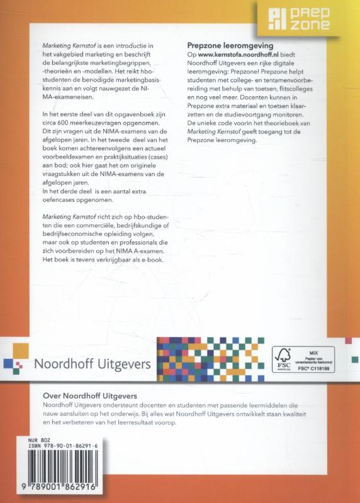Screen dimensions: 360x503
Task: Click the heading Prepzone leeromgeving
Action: [x=230, y=46]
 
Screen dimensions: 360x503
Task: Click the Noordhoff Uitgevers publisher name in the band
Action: [x=91, y=364]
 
